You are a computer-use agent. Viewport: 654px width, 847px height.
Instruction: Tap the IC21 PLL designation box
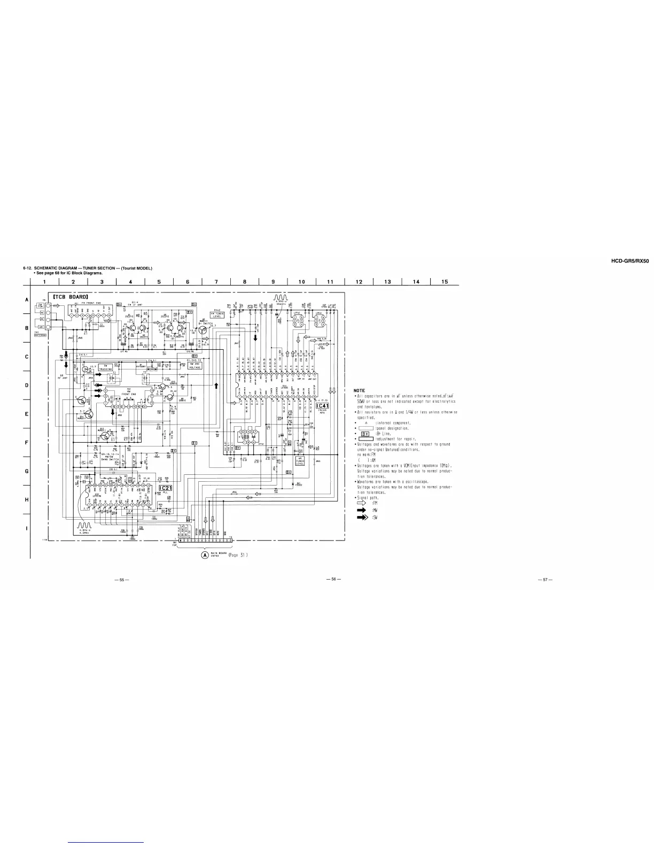[x=166, y=488]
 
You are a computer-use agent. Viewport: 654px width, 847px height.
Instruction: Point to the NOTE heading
[x=360, y=391]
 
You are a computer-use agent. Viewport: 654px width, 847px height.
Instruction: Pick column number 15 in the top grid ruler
[x=445, y=282]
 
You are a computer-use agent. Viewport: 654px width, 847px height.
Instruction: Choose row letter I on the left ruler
[x=26, y=528]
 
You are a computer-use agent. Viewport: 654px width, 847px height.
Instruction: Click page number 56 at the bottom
[x=333, y=579]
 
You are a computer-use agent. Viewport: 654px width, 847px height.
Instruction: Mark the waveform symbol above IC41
[x=281, y=297]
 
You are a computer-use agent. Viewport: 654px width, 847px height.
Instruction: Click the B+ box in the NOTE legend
[x=366, y=434]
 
